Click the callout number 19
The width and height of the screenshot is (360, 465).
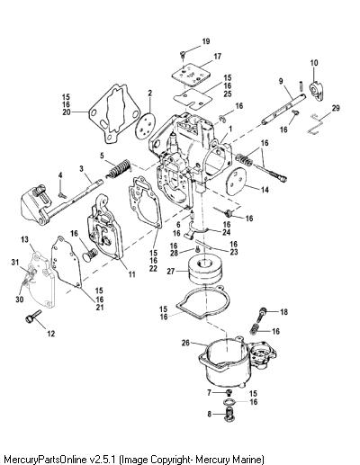(206, 41)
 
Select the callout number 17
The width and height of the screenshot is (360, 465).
(217, 56)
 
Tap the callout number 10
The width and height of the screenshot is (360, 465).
(314, 63)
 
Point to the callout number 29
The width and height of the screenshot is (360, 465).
(336, 108)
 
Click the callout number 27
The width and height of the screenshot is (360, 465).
(171, 272)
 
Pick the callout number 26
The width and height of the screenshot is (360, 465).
(186, 342)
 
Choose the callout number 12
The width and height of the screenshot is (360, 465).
(51, 333)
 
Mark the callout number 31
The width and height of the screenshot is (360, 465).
(15, 262)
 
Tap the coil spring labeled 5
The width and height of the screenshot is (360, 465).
(120, 168)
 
